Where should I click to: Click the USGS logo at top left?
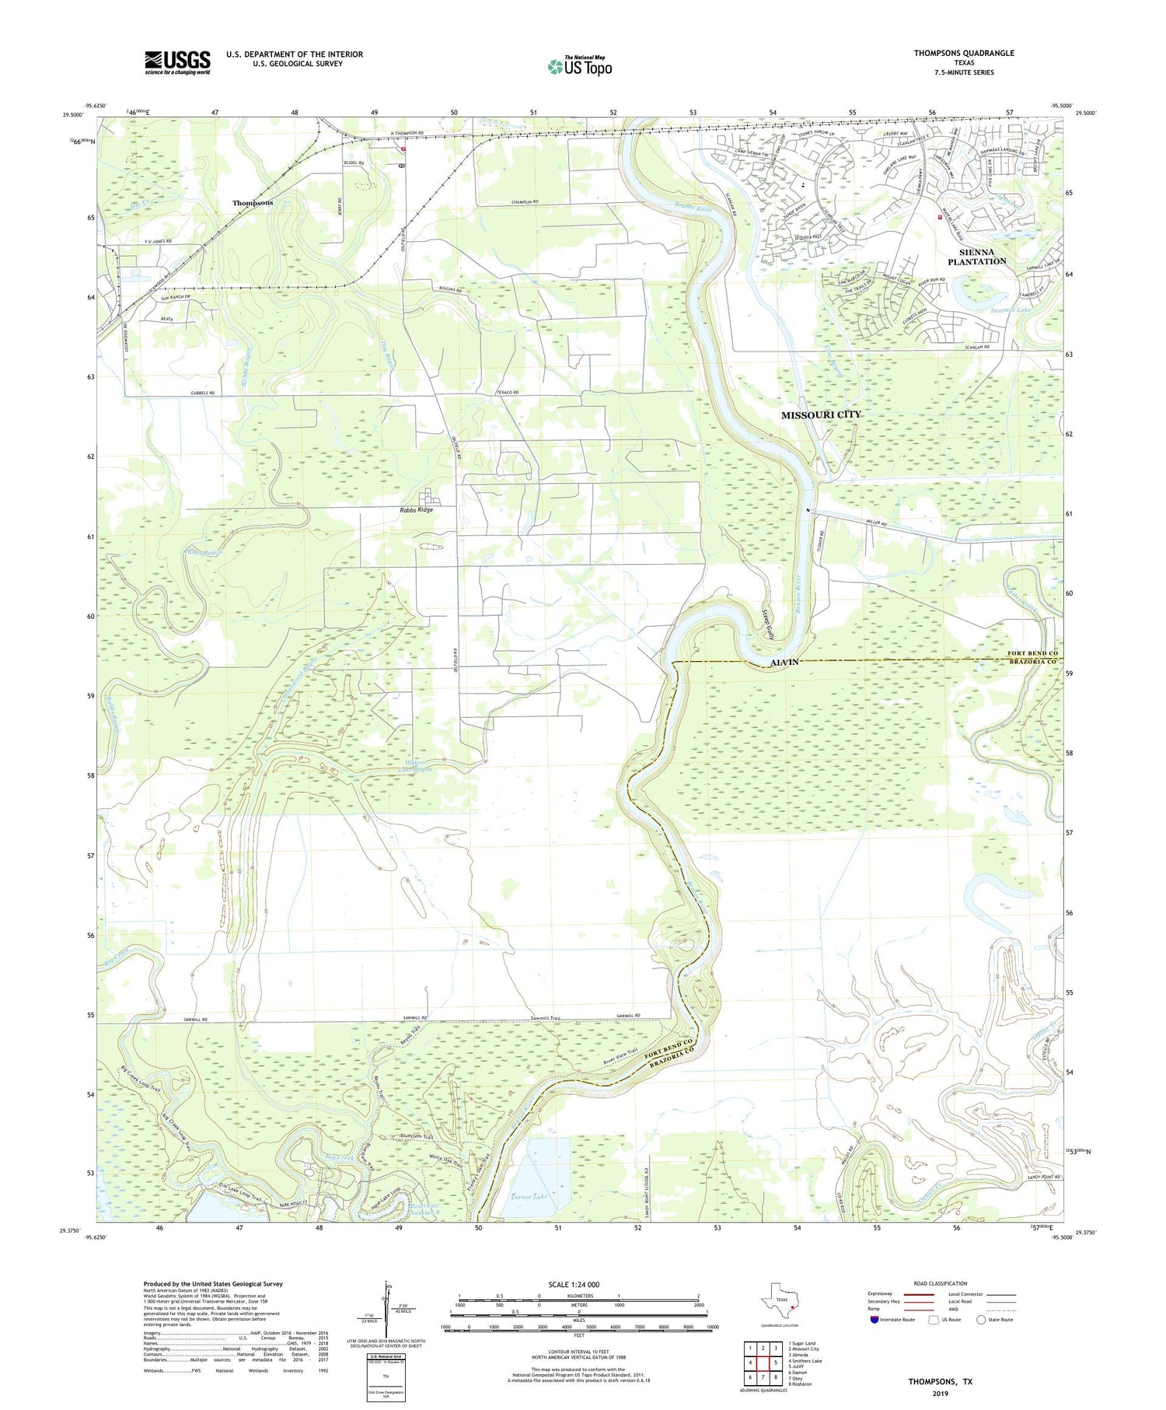(x=177, y=62)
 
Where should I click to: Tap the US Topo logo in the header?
(x=580, y=67)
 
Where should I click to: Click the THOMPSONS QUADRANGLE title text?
(x=964, y=53)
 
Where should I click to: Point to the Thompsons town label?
(x=253, y=203)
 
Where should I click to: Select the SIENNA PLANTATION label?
(x=976, y=257)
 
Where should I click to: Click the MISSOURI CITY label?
(x=821, y=415)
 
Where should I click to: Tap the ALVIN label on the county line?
(x=784, y=662)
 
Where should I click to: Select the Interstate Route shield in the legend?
(x=874, y=1320)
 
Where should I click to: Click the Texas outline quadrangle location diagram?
(x=780, y=1301)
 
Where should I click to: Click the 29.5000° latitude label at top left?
(x=73, y=114)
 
